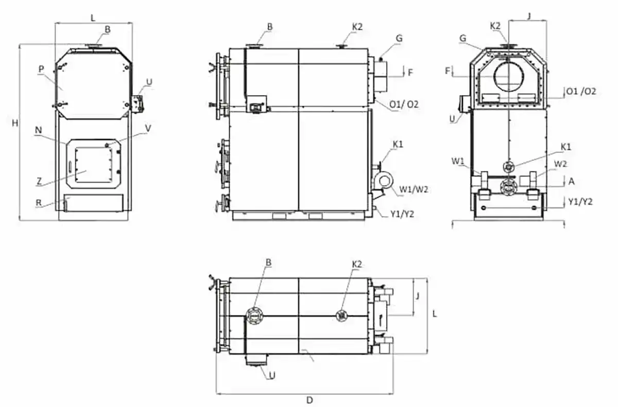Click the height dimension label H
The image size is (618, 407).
pos(15,123)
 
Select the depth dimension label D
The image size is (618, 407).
pos(310,400)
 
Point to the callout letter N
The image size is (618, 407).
pos(39,131)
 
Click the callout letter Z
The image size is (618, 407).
pos(39,181)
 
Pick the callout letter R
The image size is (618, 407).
pos(39,203)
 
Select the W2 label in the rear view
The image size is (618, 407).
pos(561,164)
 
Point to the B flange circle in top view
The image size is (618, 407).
pos(254,315)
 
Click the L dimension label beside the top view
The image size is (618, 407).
pos(435,313)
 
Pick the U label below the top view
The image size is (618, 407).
pos(272,375)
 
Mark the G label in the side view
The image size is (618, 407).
pos(399,38)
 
